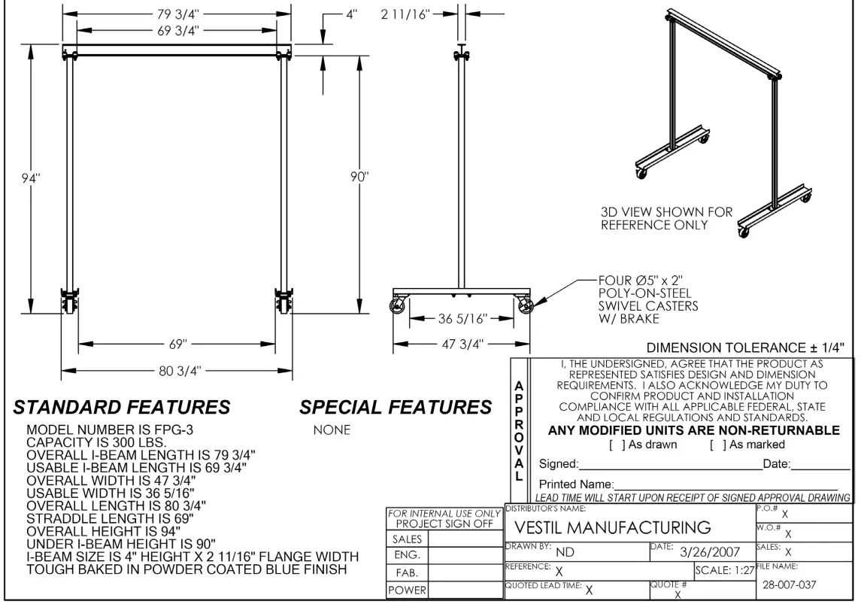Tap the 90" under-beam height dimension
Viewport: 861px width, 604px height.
coord(359,178)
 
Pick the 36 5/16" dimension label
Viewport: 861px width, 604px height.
coord(463,318)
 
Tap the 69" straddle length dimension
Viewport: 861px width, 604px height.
coord(177,344)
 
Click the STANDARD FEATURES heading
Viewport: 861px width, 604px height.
coord(123,408)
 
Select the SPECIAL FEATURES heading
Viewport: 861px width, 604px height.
coord(396,408)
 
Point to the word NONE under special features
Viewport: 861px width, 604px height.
coord(331,431)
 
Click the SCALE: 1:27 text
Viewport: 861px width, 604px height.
coord(723,570)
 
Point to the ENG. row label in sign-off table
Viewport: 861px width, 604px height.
coord(406,556)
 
